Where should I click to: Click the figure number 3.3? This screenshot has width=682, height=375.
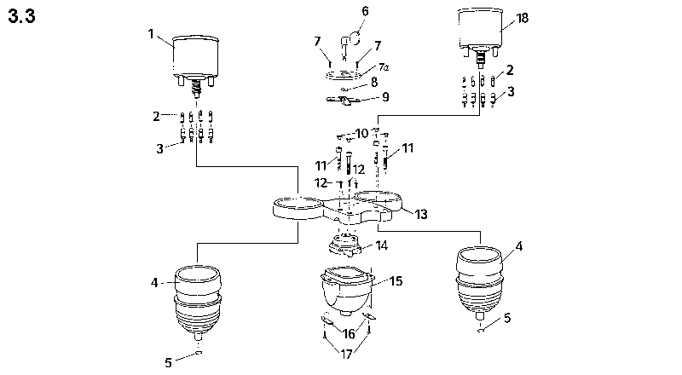21,18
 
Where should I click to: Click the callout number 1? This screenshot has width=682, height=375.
151,35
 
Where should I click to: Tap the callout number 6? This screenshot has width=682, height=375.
365,11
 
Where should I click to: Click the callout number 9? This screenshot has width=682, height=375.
384,97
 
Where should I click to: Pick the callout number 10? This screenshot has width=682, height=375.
362,133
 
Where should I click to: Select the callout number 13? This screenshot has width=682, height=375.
420,213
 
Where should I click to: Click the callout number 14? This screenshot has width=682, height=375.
381,245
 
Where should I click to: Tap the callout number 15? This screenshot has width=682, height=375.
395,279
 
